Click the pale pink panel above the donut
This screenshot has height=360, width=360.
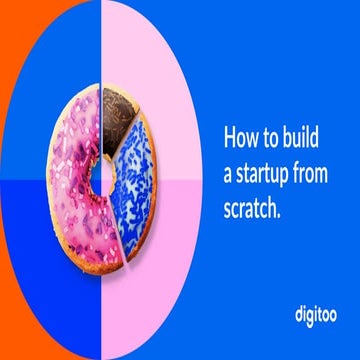click(140, 40)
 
